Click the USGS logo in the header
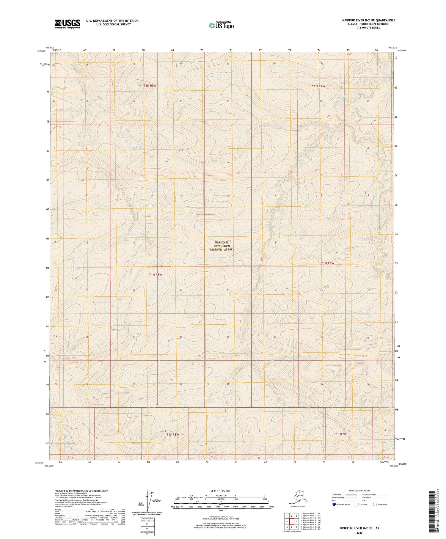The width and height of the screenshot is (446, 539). (x=67, y=24)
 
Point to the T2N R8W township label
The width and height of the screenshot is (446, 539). (x=150, y=86)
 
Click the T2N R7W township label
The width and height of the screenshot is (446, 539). (x=319, y=86)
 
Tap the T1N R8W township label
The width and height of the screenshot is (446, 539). (x=156, y=275)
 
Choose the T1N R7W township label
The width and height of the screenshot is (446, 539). (x=328, y=263)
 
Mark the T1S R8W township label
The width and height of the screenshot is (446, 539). (x=173, y=435)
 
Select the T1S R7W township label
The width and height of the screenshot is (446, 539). (x=340, y=434)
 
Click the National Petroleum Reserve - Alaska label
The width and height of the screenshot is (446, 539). (x=222, y=246)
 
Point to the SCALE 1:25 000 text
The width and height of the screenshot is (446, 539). (x=220, y=491)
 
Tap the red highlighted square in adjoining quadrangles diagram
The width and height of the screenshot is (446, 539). (x=292, y=521)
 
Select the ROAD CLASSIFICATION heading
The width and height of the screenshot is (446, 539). (x=359, y=491)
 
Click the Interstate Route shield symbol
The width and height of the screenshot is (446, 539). (x=334, y=505)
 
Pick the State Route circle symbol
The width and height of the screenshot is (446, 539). (x=375, y=505)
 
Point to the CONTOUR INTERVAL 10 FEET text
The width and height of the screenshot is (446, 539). (x=220, y=517)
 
